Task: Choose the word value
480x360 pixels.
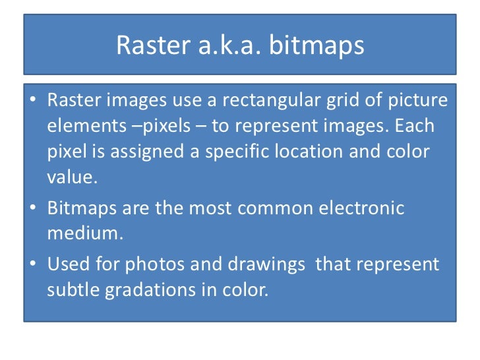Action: [x=69, y=177]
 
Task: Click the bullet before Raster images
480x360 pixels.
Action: [x=33, y=102]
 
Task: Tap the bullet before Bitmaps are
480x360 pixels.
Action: [x=33, y=209]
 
